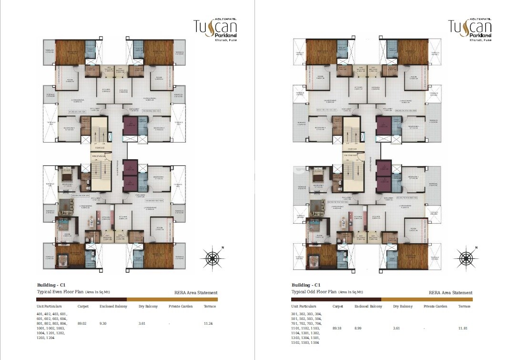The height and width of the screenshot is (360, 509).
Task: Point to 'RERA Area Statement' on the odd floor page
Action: point(450,293)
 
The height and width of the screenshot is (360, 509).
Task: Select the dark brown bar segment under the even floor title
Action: point(81,299)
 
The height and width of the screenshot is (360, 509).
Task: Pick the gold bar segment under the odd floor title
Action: point(427,299)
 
